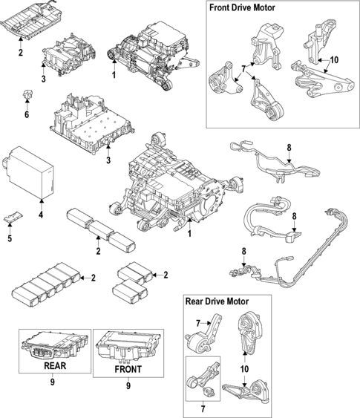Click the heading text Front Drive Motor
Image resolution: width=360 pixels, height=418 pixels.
243,8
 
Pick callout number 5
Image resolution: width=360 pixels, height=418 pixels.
10,238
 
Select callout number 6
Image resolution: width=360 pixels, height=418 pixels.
26,115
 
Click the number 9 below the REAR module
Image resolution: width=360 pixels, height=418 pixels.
53,382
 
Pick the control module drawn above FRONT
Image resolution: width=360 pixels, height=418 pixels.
127,344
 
